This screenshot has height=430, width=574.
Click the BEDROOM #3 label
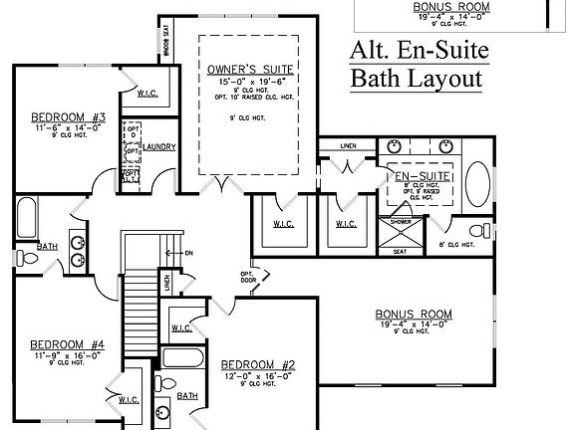pos(57,115)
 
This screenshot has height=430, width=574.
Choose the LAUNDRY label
pos(159,147)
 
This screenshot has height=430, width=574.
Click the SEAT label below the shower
pos(400,252)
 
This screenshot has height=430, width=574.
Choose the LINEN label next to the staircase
pos(167,284)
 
